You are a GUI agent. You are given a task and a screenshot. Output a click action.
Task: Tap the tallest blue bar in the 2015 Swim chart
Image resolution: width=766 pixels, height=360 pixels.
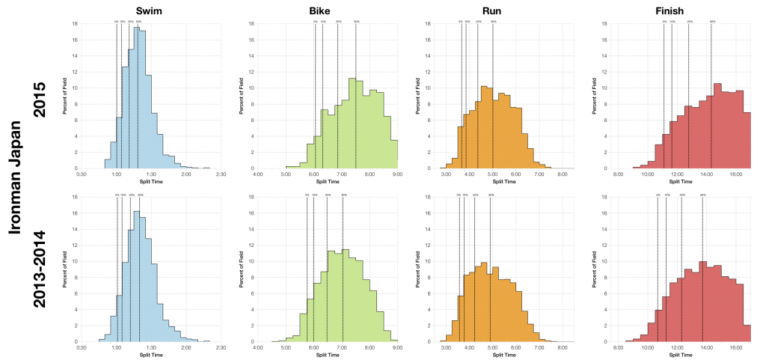pyautogui.click(x=138, y=97)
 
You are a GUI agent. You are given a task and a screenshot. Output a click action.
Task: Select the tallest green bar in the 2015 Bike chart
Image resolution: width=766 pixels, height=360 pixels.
pyautogui.click(x=352, y=123)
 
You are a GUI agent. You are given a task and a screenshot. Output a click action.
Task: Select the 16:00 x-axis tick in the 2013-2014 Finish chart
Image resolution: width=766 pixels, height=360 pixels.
pyautogui.click(x=735, y=348)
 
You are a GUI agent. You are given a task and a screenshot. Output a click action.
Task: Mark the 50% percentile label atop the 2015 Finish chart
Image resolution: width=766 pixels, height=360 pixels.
pyautogui.click(x=712, y=22)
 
